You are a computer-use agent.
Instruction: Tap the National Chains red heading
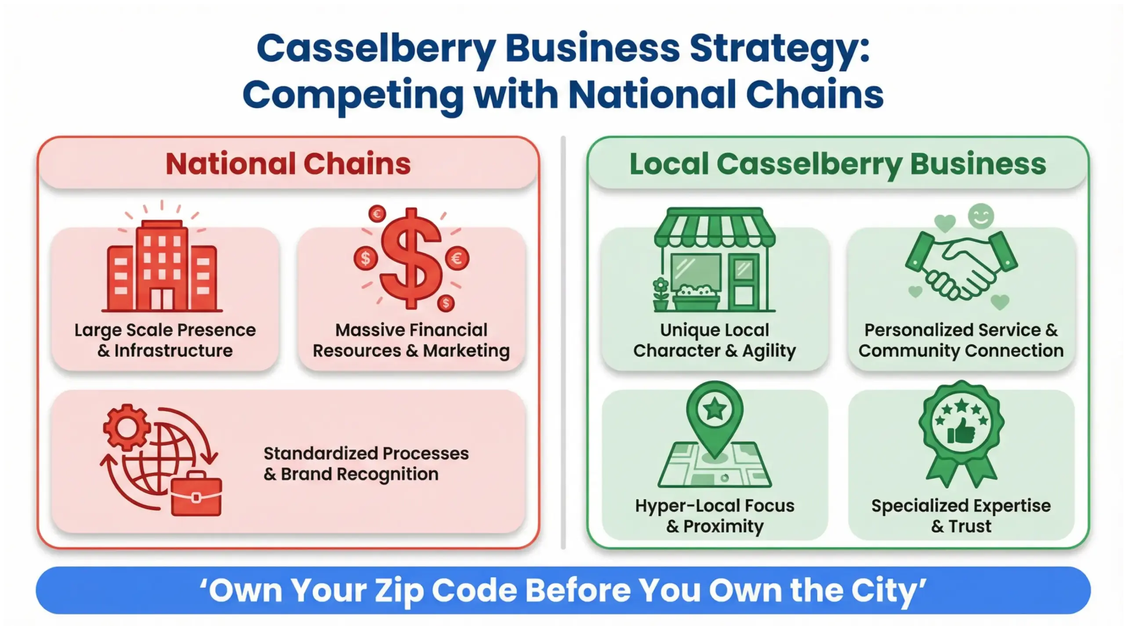[x=288, y=164]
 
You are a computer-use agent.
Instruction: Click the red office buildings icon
[x=162, y=266]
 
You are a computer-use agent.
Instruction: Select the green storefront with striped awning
[x=715, y=260]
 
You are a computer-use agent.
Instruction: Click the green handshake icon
[x=961, y=266]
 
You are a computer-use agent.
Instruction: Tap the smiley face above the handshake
[x=981, y=216]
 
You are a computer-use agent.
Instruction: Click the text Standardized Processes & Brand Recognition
[x=366, y=463]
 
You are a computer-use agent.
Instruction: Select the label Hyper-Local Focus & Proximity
[x=715, y=516]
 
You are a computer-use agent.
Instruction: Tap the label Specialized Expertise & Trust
[x=961, y=516]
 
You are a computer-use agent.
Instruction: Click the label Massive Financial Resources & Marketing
[x=411, y=340]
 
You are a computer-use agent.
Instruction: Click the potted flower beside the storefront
[x=660, y=294]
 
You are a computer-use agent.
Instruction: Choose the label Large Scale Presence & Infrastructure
[x=165, y=340]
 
